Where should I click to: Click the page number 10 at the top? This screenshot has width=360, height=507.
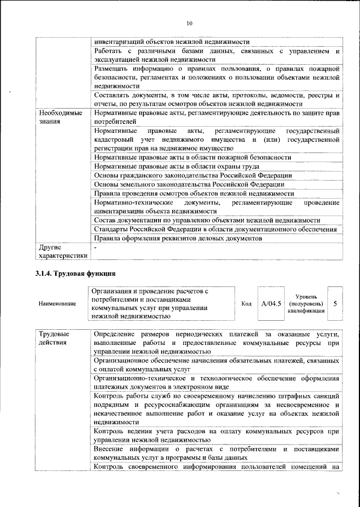point(189,23)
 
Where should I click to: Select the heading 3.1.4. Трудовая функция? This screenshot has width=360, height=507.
point(76,274)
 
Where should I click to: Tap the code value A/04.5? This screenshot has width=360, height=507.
point(271,304)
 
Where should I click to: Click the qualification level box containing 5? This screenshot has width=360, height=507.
point(335,304)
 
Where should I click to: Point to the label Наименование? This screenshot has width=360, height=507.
point(57,304)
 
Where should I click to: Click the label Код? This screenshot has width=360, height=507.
point(246,304)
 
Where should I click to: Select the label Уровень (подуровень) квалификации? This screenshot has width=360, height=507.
point(305,303)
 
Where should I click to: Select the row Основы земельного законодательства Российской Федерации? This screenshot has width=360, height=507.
point(188,184)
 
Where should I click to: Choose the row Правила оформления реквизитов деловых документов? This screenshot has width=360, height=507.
point(178,238)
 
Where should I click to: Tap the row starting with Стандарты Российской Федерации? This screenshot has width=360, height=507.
point(215,229)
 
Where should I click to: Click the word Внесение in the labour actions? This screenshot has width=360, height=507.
point(111,450)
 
